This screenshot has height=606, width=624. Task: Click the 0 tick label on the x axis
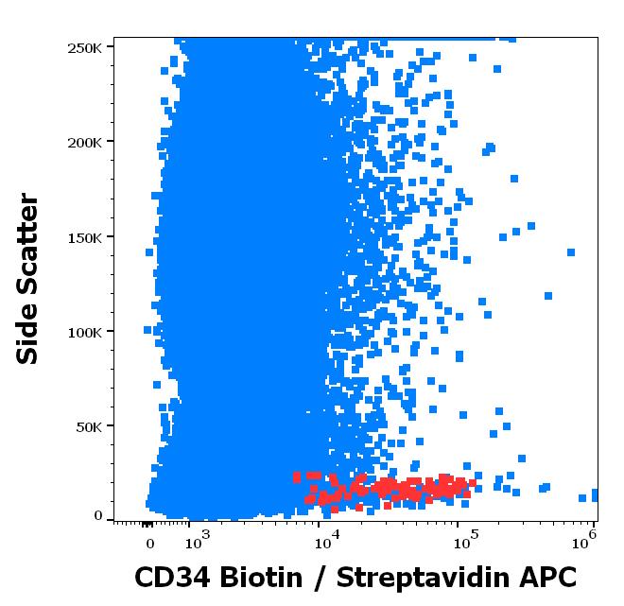pyautogui.click(x=149, y=544)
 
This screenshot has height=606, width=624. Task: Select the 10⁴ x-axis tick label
pyautogui.click(x=325, y=542)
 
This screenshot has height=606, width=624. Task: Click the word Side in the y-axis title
pyautogui.click(x=29, y=338)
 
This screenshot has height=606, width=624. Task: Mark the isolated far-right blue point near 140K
pyautogui.click(x=571, y=252)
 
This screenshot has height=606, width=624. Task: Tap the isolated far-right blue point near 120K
pyautogui.click(x=548, y=296)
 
